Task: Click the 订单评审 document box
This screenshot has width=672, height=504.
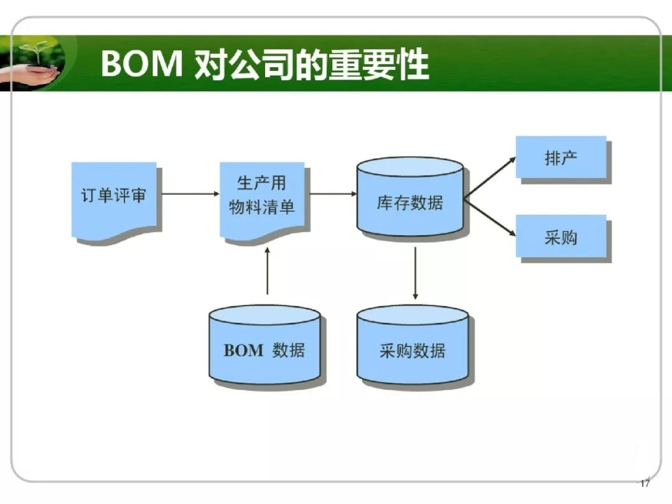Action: tap(114, 199)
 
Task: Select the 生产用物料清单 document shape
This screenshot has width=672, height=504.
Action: tap(263, 199)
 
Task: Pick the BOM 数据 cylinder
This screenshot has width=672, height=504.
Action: tap(264, 345)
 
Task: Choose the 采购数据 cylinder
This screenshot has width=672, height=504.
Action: tap(413, 345)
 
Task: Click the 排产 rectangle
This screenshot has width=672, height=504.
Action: tap(561, 157)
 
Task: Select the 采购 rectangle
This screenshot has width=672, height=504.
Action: tap(561, 236)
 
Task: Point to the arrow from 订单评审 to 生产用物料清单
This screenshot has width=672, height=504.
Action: tap(191, 194)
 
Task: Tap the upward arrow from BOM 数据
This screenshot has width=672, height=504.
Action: tap(268, 271)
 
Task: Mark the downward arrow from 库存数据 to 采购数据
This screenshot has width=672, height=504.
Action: tap(415, 273)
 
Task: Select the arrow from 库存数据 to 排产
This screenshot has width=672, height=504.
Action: tap(490, 179)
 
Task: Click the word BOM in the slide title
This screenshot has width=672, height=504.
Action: tap(142, 63)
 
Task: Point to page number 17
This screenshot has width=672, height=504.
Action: tap(645, 483)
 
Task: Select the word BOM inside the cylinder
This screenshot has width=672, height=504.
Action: tap(243, 350)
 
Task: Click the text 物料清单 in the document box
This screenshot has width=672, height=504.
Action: tap(262, 207)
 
